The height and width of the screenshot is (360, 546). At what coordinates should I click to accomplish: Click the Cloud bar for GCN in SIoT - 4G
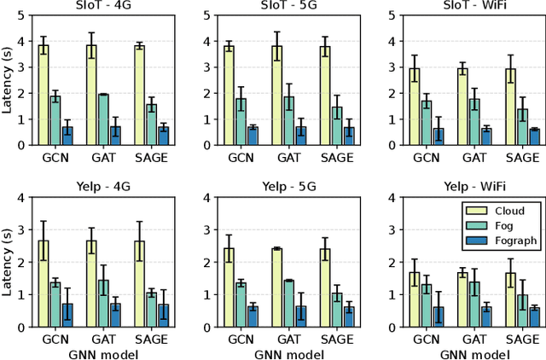43,95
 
